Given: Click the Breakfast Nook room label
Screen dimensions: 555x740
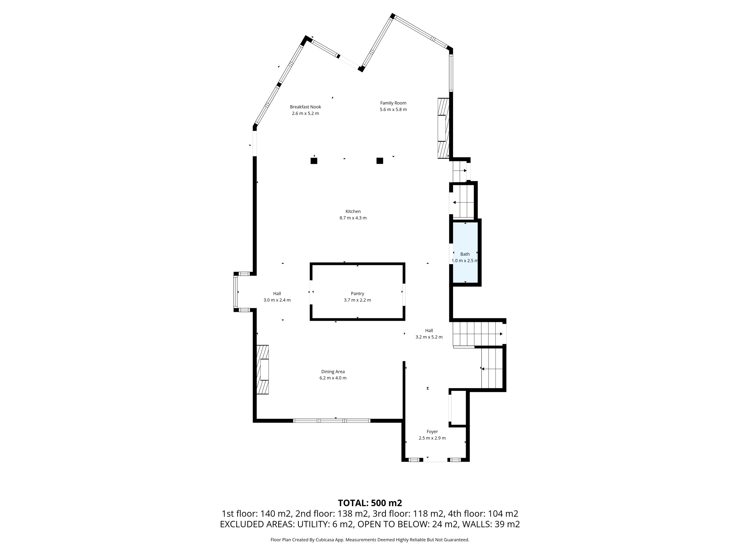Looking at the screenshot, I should (305, 107).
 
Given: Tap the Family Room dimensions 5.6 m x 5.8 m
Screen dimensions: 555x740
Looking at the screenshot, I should (393, 109).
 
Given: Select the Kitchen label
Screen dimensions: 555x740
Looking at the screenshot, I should (353, 211).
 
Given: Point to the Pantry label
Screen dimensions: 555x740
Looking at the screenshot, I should (357, 294).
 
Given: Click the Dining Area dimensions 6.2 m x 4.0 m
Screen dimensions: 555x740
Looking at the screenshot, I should (333, 378).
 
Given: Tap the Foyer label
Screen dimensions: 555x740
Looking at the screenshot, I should (432, 431).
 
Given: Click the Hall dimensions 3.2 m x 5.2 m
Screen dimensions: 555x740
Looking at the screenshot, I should (429, 337).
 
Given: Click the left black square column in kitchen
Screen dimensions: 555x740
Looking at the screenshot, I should (314, 161).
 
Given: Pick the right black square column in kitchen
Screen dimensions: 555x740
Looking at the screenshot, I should (380, 161).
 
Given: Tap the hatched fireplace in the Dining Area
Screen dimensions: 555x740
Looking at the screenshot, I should (263, 369).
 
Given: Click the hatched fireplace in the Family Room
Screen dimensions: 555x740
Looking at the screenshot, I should (443, 128).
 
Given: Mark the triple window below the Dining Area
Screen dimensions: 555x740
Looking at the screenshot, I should (332, 421).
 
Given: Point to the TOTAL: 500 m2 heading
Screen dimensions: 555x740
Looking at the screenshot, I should (370, 503).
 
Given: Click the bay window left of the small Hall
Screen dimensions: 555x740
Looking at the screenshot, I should (236, 292).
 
